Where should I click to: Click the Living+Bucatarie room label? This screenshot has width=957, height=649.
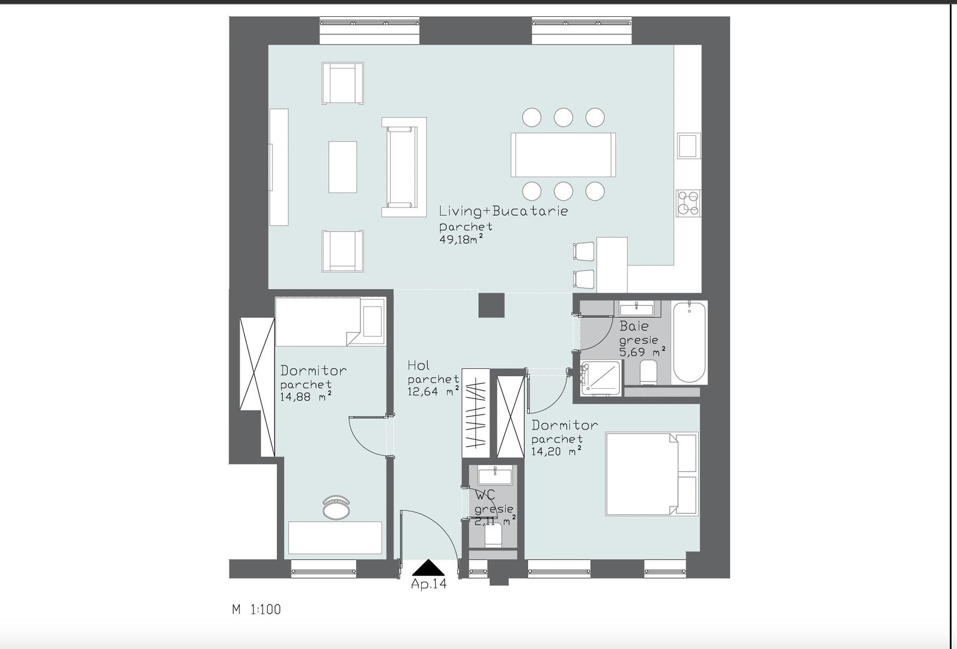[x=503, y=211]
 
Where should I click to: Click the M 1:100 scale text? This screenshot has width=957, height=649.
[x=257, y=609]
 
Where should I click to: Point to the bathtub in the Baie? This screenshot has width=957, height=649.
[x=689, y=343]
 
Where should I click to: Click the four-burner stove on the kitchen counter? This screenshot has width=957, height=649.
[x=688, y=203]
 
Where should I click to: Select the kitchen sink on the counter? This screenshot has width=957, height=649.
[x=687, y=145]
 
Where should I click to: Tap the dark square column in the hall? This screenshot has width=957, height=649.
[x=492, y=305]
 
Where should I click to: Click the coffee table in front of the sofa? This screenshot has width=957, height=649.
[x=342, y=166]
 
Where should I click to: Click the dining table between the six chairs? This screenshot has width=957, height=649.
[x=563, y=154]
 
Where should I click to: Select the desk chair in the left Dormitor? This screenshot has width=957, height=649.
[x=335, y=507]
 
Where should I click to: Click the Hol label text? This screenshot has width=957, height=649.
[x=418, y=365]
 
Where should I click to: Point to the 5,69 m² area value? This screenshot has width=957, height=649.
[x=642, y=352]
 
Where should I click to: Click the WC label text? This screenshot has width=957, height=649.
[x=485, y=496]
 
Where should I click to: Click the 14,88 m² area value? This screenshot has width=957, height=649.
[x=305, y=397]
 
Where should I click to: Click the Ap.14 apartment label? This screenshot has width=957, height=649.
[x=429, y=584]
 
